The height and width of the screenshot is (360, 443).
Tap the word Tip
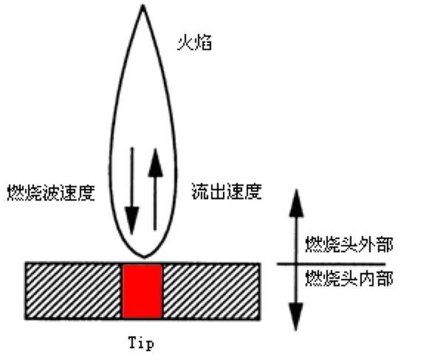[x=141, y=343]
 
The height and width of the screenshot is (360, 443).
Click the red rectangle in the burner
[x=142, y=291]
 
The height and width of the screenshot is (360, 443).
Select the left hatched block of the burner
[x=74, y=291]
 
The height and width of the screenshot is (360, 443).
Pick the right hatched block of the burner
[x=213, y=291]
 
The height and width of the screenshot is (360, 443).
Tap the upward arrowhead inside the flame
[x=154, y=164]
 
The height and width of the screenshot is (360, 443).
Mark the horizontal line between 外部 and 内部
[x=332, y=263]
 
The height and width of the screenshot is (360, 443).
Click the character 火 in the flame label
[x=185, y=42]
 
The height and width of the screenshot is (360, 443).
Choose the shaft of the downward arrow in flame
[x=131, y=177]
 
